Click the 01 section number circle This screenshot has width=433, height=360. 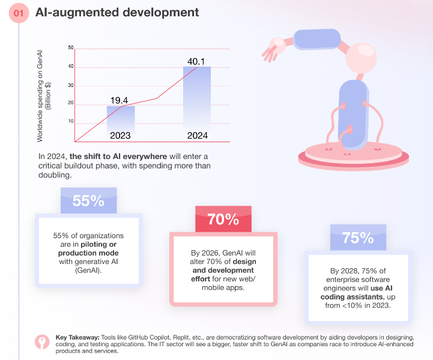point(19,13)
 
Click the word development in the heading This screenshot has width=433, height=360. point(161,13)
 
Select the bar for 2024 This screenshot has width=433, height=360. point(197,104)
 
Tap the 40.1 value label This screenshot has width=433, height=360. point(196,61)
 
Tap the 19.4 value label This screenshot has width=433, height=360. point(119,100)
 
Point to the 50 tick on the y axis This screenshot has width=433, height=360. point(71,47)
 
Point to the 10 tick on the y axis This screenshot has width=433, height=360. point(71,121)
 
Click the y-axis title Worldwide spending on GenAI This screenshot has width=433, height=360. point(40,96)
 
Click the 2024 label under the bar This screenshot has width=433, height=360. point(198,136)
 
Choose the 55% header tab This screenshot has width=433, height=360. point(89,200)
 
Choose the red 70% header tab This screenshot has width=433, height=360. point(223,219)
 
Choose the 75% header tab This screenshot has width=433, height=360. point(358,238)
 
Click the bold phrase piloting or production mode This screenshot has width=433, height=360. point(88,248)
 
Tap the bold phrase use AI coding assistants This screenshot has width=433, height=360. point(357,292)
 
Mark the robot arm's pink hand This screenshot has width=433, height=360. point(273,49)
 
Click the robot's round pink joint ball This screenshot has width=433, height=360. point(361,58)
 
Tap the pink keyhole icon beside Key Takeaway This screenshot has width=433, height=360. point(42,342)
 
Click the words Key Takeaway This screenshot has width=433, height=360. point(77,337)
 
